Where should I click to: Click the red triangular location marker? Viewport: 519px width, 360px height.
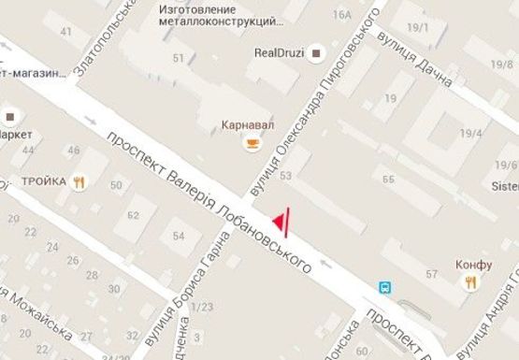(279, 220)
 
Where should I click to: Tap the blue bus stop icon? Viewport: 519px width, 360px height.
(384, 287)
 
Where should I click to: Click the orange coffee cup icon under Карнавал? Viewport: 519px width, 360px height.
(250, 143)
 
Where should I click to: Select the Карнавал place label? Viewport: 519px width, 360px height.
(249, 124)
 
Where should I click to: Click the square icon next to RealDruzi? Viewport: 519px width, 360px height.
(316, 51)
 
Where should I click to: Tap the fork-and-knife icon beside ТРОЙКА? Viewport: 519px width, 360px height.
(79, 183)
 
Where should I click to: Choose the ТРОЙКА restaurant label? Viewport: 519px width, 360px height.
(44, 181)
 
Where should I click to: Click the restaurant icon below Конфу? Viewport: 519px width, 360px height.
(474, 281)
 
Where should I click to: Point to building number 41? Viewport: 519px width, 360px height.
(65, 32)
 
